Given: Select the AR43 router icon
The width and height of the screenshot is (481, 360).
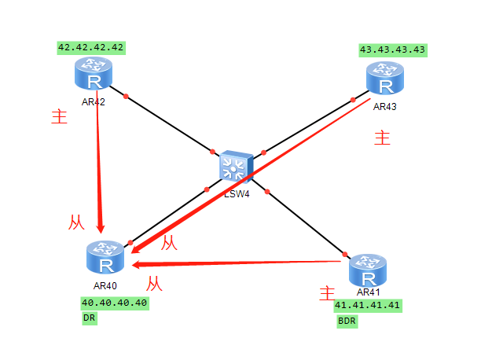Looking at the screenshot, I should (x=384, y=79).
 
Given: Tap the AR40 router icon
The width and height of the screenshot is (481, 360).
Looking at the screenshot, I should (x=105, y=257).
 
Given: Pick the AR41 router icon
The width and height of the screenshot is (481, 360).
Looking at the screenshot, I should (x=368, y=270).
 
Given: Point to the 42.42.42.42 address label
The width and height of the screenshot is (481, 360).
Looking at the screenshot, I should (x=91, y=47).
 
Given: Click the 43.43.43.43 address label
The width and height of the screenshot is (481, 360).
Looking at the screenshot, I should (x=392, y=50).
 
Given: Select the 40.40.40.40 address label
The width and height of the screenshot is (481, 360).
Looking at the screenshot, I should (x=114, y=303).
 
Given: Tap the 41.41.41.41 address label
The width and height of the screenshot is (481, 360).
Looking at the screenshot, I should (x=368, y=305).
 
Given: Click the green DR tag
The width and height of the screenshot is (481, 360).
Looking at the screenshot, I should (x=89, y=318).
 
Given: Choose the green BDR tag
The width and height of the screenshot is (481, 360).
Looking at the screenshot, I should (x=347, y=321).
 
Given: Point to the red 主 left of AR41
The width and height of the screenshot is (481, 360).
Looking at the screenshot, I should (x=327, y=295).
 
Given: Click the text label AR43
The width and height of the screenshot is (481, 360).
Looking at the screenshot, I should (x=385, y=105).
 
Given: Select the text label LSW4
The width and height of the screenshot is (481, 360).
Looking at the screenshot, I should (x=237, y=193).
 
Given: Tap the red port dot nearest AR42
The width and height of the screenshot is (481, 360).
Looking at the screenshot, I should (x=124, y=97).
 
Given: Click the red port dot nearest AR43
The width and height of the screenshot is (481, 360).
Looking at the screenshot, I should (x=351, y=98).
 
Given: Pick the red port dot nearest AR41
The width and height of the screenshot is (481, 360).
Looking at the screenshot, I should (x=343, y=253).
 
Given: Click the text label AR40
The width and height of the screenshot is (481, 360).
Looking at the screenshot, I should (x=105, y=285).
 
